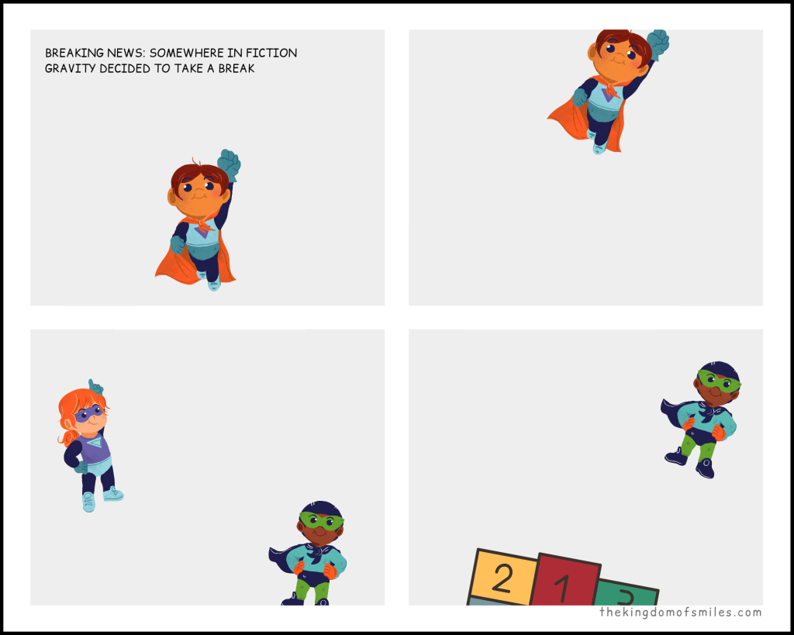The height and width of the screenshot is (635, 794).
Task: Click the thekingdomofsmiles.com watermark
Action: point(681,613)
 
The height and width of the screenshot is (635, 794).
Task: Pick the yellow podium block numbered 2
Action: point(502,578)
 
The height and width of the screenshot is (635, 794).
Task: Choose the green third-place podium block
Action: point(627,592)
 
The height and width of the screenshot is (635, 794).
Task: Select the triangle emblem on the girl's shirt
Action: point(102,443)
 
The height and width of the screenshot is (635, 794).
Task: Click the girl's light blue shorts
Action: point(99,466)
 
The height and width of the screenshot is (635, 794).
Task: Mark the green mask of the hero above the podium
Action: point(719,381)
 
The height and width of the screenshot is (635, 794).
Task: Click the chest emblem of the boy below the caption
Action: point(203,230)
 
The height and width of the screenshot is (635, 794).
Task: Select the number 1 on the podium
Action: point(562,589)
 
